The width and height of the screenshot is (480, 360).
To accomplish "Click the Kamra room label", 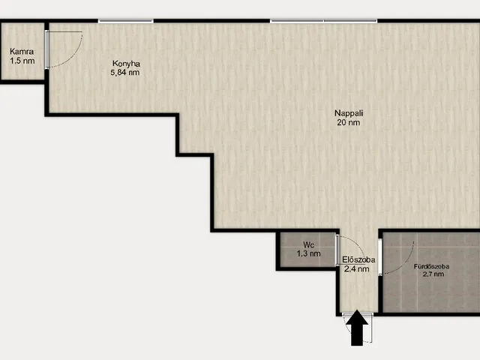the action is [x=22, y=52].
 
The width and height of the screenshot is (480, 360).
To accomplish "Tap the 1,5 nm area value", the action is [x=22, y=61].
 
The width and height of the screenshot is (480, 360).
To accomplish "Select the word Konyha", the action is [x=126, y=64].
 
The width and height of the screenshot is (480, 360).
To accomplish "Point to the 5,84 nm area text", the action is [x=125, y=73].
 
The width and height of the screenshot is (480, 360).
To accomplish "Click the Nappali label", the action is [x=349, y=113].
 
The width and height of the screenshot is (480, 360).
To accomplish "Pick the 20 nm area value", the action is [x=348, y=122].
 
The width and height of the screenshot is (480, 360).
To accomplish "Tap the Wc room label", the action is [x=308, y=244].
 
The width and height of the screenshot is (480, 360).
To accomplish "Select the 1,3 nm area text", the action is [x=308, y=253].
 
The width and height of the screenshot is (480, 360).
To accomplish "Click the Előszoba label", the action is [x=358, y=259].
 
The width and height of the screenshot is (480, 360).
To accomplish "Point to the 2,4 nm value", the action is [x=357, y=269].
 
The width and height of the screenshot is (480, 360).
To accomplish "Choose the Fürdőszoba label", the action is [x=432, y=266].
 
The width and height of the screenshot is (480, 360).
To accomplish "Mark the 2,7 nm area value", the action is [x=433, y=274].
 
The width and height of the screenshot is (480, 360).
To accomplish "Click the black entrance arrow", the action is [x=357, y=328].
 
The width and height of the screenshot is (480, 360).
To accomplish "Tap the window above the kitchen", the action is [x=126, y=21].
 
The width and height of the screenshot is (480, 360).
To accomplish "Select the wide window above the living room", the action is [x=323, y=21].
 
